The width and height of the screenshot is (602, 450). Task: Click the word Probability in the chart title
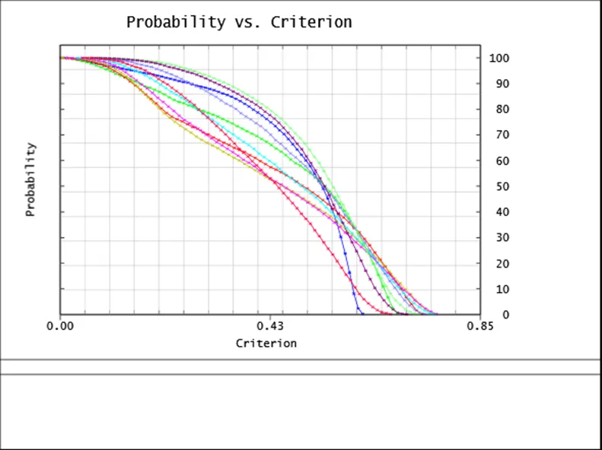pyautogui.click(x=175, y=22)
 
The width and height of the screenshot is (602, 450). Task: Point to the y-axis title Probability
pyautogui.click(x=30, y=179)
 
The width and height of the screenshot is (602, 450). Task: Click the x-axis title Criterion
pyautogui.click(x=266, y=343)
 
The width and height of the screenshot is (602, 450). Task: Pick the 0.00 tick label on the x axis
pyautogui.click(x=60, y=326)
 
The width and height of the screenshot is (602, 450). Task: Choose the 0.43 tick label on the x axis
pyautogui.click(x=270, y=326)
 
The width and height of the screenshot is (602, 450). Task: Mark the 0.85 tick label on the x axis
pyautogui.click(x=480, y=326)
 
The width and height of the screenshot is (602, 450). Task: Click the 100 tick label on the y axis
pyautogui.click(x=499, y=58)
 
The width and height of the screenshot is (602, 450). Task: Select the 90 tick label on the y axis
pyautogui.click(x=497, y=84)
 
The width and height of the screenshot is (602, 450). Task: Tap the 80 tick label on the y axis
pyautogui.click(x=497, y=109)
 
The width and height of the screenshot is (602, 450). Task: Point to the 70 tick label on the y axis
pyautogui.click(x=497, y=135)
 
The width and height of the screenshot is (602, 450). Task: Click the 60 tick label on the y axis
pyautogui.click(x=497, y=161)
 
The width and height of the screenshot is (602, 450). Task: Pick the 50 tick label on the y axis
pyautogui.click(x=497, y=187)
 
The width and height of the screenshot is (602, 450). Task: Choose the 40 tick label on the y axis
pyautogui.click(x=497, y=212)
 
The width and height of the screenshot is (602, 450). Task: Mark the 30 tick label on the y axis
pyautogui.click(x=497, y=238)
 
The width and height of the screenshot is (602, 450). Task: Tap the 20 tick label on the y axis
pyautogui.click(x=497, y=264)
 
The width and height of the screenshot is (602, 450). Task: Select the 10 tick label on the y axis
pyautogui.click(x=497, y=290)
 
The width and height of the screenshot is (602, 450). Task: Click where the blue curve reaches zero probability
pyautogui.click(x=362, y=314)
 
